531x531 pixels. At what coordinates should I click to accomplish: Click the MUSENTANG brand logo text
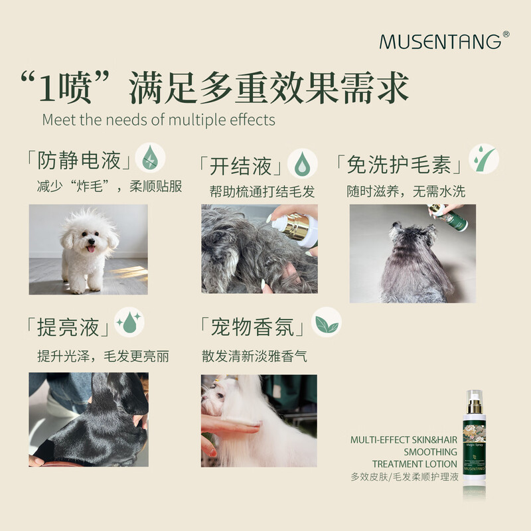point(440,42)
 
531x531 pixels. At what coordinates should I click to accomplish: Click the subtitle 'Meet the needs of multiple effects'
point(159,120)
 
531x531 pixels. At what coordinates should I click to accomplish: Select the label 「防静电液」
point(78,161)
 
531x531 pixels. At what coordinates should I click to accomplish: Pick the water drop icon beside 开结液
point(302,163)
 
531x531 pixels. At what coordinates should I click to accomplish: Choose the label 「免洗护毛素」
point(398,165)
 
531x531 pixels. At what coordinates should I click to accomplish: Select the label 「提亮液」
point(68,327)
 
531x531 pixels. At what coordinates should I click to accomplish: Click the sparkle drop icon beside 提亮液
point(129,323)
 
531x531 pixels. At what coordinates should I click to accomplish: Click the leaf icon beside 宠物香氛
point(326,323)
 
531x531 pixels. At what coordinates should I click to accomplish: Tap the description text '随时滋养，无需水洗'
point(406,192)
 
